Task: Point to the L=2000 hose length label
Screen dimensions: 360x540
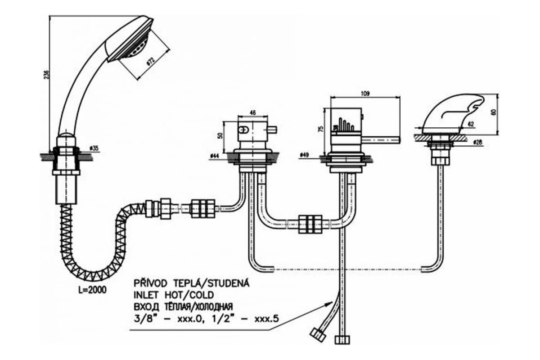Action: pyautogui.click(x=92, y=290)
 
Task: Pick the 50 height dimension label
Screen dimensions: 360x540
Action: pyautogui.click(x=220, y=135)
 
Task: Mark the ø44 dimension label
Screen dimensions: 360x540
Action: pyautogui.click(x=215, y=156)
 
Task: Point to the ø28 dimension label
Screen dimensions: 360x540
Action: pyautogui.click(x=478, y=143)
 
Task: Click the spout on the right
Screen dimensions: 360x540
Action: pyautogui.click(x=454, y=112)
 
